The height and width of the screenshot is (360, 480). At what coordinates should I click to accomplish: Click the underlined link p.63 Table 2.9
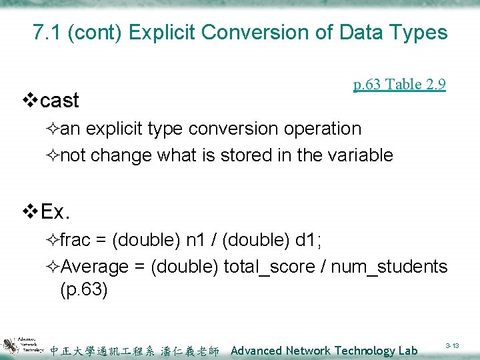[x=399, y=84]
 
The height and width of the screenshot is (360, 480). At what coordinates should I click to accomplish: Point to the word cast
[x=59, y=101]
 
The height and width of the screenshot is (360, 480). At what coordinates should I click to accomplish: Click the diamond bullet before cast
[x=30, y=101]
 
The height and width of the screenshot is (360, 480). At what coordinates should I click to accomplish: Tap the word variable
[x=363, y=155]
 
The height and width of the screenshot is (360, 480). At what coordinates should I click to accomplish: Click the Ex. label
[x=56, y=212]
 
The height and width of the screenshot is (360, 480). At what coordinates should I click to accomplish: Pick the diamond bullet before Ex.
[x=30, y=212]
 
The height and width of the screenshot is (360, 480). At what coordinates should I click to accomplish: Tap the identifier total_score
[x=268, y=267]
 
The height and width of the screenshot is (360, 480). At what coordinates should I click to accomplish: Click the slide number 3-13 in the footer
[x=453, y=346]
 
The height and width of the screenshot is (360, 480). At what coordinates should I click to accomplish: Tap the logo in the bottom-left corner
[x=23, y=344]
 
